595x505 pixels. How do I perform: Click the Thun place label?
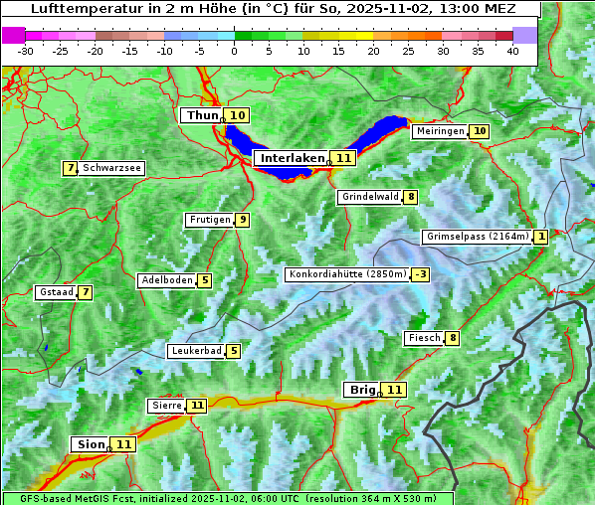(x=201, y=116)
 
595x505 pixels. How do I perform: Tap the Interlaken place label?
(x=292, y=158)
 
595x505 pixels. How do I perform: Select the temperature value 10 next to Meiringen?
(x=480, y=131)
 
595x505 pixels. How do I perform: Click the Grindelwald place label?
(x=370, y=197)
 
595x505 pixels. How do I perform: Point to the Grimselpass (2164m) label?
(x=477, y=237)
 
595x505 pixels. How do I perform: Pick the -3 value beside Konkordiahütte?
(x=422, y=274)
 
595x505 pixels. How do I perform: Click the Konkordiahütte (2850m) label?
(x=347, y=274)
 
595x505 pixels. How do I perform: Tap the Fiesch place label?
(x=424, y=338)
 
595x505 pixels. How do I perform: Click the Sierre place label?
(x=166, y=406)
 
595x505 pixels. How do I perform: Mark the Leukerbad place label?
(x=195, y=351)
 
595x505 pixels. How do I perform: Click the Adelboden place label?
(x=166, y=280)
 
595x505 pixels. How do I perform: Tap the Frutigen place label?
(x=209, y=220)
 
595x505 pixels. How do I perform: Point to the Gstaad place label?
(x=55, y=292)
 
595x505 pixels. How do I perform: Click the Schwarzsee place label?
(x=111, y=168)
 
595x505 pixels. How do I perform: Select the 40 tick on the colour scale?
(x=512, y=50)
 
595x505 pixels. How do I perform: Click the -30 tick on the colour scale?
(x=26, y=50)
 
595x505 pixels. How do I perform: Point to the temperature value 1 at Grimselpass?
(x=540, y=237)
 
